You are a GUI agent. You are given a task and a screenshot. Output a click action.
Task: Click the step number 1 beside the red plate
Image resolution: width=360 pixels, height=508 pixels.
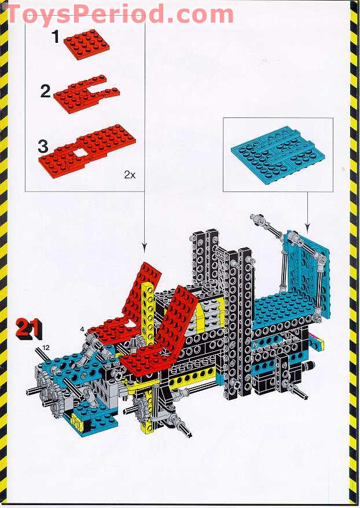[x=56, y=38]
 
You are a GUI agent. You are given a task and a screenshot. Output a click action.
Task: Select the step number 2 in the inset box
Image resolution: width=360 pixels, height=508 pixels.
[x=46, y=91]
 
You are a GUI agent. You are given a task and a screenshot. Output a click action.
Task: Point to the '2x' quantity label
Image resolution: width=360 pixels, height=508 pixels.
[x=129, y=174]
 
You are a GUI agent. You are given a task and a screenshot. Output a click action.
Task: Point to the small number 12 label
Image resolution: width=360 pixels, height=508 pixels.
[x=46, y=347]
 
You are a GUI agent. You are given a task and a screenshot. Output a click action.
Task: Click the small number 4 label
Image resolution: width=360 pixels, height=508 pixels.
[x=83, y=329]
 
